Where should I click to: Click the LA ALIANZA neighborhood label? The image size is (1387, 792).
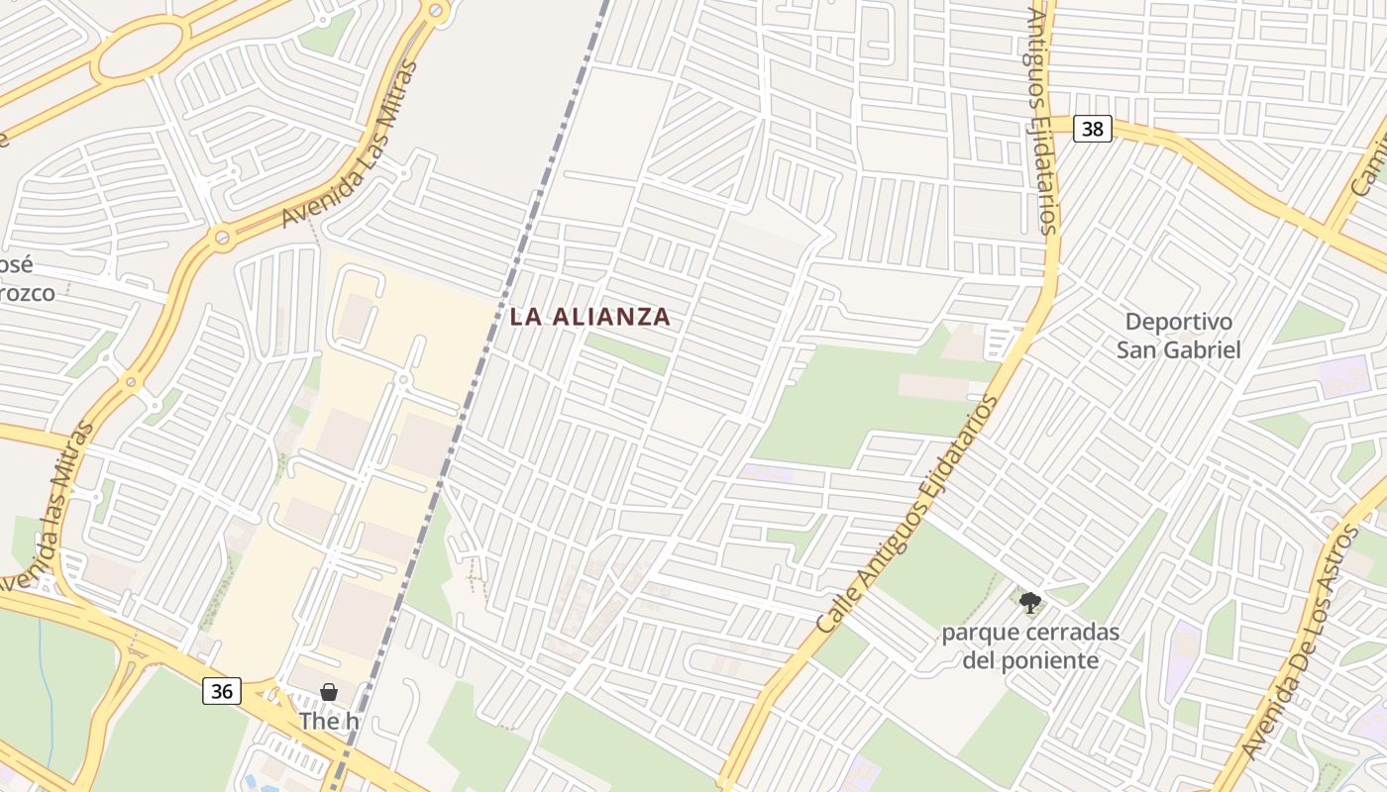coord(589,317)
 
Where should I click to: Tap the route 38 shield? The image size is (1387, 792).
coord(1092,129)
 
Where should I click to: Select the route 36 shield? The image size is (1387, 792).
coord(221,691)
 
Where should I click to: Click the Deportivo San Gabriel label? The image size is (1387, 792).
coord(1179,336)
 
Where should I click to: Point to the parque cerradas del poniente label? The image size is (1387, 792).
coord(1030,645)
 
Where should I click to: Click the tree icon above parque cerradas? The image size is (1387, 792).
coord(1030,601)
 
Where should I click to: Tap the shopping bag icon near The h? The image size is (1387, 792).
coord(329,692)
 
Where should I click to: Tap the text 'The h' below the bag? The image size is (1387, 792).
coord(329,721)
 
